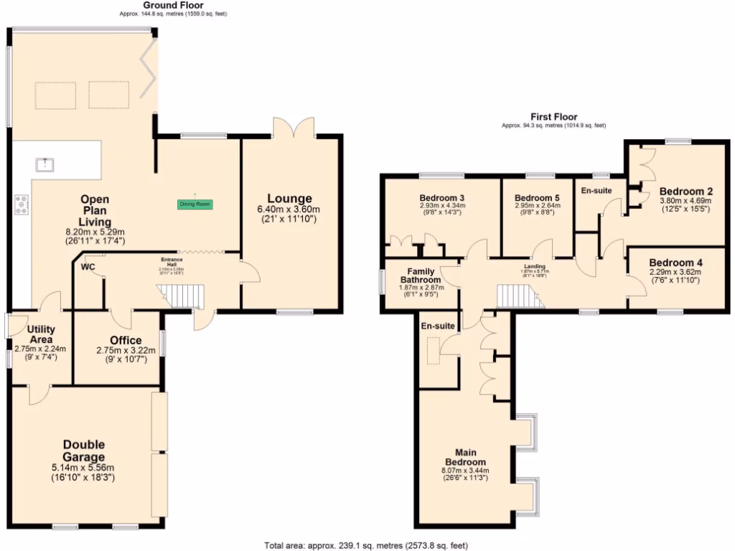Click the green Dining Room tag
pos(195,204)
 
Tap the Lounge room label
pos(289,199)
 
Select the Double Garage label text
pos(83,451)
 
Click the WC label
pos(88,267)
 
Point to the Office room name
pos(126,340)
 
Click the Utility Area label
pos(40,334)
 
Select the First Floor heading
pos(553,117)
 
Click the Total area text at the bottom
pos(367,545)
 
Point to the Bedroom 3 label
pos(441,197)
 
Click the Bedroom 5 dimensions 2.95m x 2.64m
pos(537,205)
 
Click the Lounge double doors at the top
pos(293,127)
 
